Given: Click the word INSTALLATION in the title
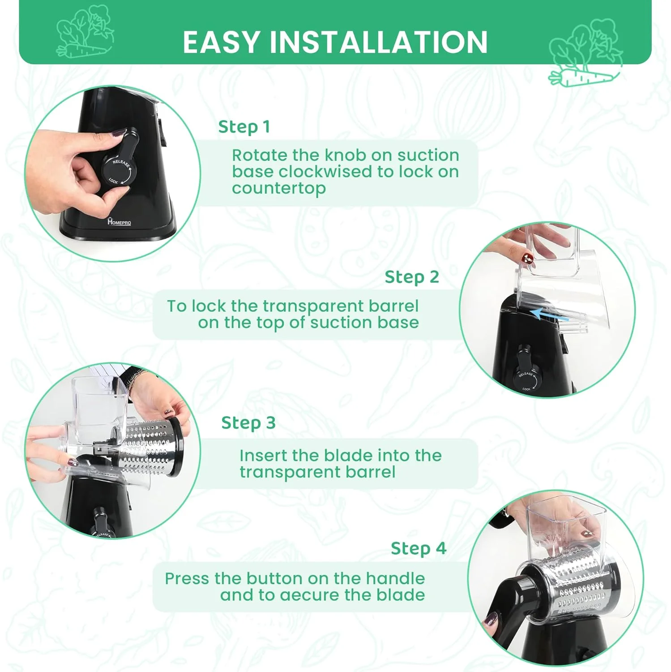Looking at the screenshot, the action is click(x=379, y=42).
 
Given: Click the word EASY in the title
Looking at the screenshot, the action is click(x=222, y=42).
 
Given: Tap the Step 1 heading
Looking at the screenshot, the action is click(x=244, y=127).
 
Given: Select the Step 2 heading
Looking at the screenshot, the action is click(x=412, y=277).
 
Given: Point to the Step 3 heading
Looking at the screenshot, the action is click(x=248, y=423).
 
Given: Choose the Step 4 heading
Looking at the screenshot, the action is click(x=419, y=549).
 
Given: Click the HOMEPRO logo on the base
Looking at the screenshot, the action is click(x=119, y=221).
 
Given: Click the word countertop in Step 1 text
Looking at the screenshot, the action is click(x=278, y=189).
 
